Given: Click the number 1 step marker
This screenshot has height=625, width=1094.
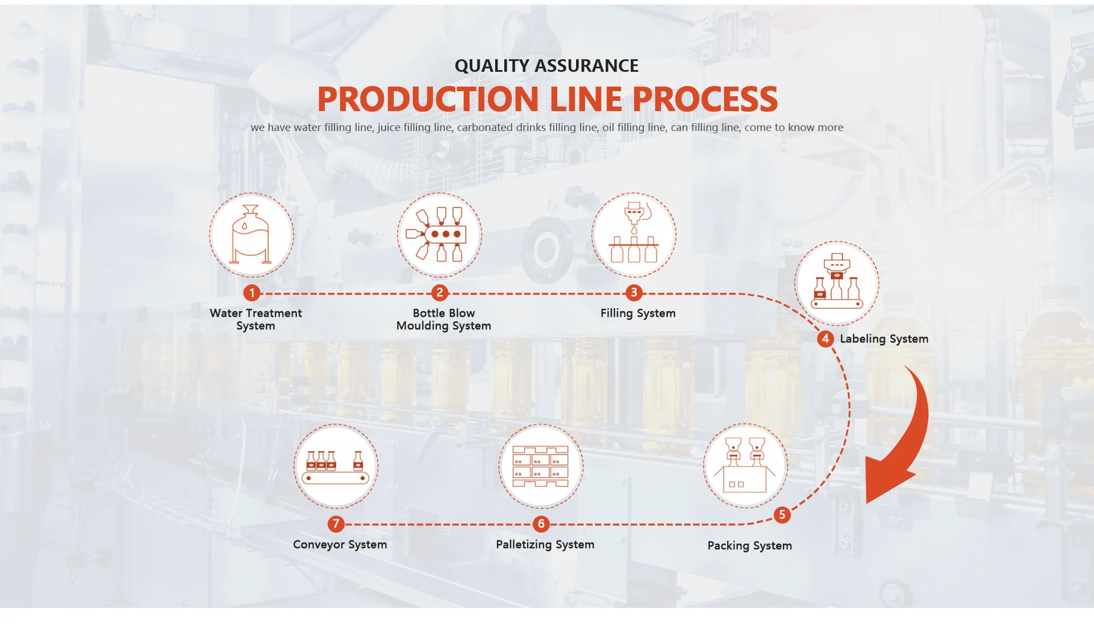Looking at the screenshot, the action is click(x=252, y=293).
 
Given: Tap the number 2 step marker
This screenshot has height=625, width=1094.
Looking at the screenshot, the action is click(x=439, y=293).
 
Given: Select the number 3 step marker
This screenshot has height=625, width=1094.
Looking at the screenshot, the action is click(x=634, y=293).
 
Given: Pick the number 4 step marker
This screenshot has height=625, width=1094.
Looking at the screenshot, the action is click(x=825, y=338).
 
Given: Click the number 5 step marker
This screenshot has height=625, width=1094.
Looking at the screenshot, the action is click(x=782, y=515).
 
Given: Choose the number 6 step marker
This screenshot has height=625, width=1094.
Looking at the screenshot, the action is click(x=541, y=524).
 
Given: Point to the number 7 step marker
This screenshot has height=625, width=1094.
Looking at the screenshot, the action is click(x=336, y=524).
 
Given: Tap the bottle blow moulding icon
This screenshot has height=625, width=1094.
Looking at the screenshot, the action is click(x=439, y=235).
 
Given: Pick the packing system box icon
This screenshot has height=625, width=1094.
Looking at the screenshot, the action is click(x=745, y=465).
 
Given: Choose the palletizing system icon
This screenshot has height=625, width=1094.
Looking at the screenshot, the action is click(x=541, y=466).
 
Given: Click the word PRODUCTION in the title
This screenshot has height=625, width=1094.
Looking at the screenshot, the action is click(x=427, y=99).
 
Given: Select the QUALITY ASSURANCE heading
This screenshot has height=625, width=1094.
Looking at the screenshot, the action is click(x=546, y=66).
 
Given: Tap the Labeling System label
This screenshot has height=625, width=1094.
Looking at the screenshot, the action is click(x=884, y=339).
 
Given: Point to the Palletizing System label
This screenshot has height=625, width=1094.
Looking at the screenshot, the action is click(x=545, y=545).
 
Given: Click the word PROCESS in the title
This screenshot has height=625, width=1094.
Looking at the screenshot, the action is click(x=705, y=99).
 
